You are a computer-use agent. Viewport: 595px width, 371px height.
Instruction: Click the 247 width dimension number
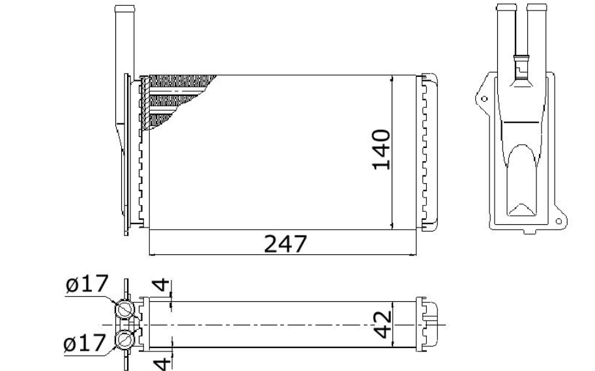(x=285, y=244)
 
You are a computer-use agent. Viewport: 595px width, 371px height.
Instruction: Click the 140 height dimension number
(x=381, y=149)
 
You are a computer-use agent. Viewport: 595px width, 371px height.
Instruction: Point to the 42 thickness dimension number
(x=382, y=325)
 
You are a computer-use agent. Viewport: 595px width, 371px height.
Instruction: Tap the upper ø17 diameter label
(x=87, y=284)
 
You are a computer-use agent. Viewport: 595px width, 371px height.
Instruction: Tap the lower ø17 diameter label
(x=84, y=343)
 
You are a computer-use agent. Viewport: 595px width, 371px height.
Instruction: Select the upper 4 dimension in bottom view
(x=161, y=285)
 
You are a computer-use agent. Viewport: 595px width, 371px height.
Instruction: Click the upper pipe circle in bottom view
(x=124, y=310)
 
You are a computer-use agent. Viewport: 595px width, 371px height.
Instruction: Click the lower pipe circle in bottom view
(x=124, y=339)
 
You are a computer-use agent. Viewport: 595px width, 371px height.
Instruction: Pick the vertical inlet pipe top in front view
(x=125, y=9)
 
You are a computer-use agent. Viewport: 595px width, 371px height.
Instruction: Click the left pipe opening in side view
(x=506, y=8)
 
